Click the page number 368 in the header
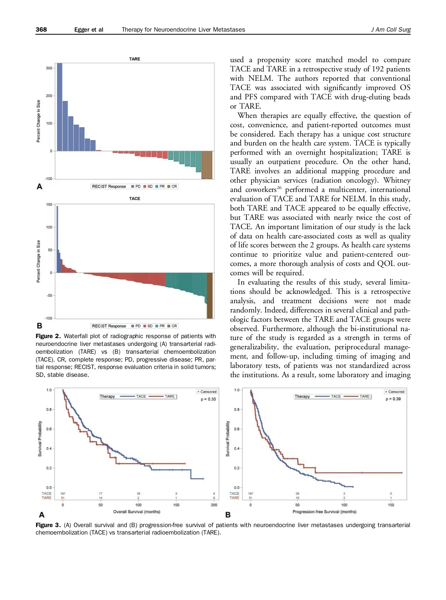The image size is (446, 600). pos(41,29)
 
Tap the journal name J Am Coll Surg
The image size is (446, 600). pos(391,29)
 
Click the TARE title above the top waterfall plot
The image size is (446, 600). pos(135,59)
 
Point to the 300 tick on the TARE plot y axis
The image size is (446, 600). pos(49,68)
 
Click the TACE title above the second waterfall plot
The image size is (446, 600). pos(135,198)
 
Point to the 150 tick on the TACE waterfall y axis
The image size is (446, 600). pos(49,205)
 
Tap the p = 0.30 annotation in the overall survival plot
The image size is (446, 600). pos(208,399)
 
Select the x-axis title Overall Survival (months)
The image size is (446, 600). pos(137,511)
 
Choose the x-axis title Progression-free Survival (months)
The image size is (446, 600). pos(324,511)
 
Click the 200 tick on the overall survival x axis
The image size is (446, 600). pos(214,505)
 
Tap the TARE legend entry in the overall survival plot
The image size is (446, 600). pos(169,396)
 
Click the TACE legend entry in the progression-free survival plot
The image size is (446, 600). pos(336,396)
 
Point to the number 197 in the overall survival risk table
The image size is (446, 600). pos(63,494)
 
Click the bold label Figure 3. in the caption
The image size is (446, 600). pos(48,525)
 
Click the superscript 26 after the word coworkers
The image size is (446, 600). pos(279,187)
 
